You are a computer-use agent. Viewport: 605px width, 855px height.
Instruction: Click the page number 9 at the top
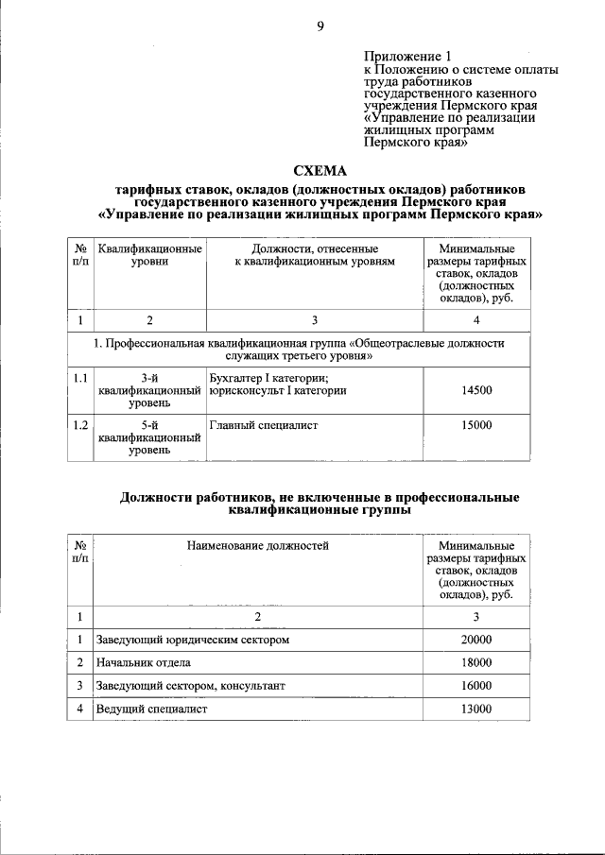pyautogui.click(x=320, y=26)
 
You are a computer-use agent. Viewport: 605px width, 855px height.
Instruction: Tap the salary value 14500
pyautogui.click(x=476, y=389)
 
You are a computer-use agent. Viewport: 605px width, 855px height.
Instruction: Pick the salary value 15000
pyautogui.click(x=476, y=425)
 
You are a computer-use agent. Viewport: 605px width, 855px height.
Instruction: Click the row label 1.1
pyautogui.click(x=81, y=378)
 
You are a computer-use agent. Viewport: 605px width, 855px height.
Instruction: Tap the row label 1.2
pyautogui.click(x=81, y=425)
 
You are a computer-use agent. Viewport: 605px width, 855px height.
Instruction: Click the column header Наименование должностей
pyautogui.click(x=257, y=545)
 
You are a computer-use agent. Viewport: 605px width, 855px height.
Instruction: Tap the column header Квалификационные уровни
pyautogui.click(x=149, y=254)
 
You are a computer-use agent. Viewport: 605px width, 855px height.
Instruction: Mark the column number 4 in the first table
pyautogui.click(x=476, y=320)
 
